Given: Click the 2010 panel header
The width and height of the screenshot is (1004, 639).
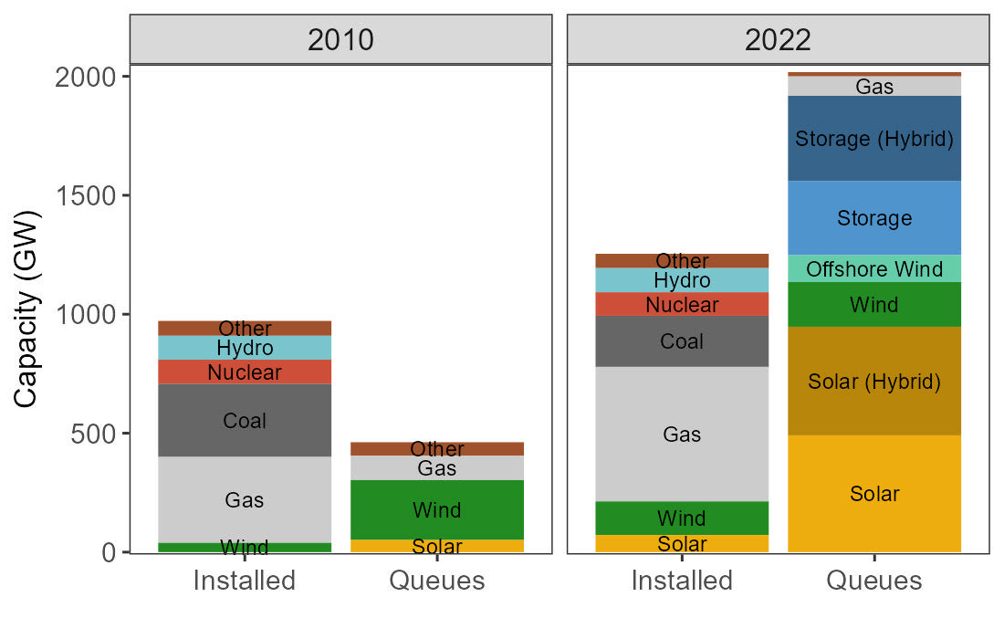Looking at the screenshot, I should click(x=340, y=39).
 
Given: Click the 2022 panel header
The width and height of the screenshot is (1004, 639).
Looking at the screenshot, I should click(x=778, y=39).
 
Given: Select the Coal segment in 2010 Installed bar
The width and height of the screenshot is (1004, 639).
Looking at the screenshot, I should click(x=245, y=420).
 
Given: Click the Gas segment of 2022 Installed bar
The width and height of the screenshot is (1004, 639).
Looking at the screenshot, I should click(x=682, y=434).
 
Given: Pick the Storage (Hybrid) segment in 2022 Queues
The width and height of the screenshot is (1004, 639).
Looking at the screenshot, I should click(x=873, y=139).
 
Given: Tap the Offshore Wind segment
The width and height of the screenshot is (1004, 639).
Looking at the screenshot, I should click(x=873, y=269).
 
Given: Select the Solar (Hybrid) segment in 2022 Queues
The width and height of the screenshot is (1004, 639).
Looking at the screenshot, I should click(x=873, y=382).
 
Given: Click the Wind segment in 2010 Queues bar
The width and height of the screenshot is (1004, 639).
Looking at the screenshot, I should click(x=436, y=509).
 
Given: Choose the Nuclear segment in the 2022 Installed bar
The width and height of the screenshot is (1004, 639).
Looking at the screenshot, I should click(x=682, y=304).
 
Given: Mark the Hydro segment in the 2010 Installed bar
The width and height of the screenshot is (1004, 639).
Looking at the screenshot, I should click(x=245, y=348).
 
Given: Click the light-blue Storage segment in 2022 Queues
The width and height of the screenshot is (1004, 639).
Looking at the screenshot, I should click(x=873, y=218).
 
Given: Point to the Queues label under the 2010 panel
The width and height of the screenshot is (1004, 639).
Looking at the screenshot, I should click(x=436, y=581).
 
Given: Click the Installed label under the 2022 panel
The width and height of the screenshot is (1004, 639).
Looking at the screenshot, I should click(x=682, y=581).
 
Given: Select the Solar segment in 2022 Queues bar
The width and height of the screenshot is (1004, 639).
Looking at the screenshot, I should click(x=873, y=494).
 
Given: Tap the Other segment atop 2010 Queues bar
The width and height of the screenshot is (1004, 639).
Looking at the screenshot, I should click(x=436, y=448).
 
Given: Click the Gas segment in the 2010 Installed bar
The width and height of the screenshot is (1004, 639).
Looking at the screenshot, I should click(x=245, y=499).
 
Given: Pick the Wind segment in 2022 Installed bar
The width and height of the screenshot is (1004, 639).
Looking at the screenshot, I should click(x=682, y=518).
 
